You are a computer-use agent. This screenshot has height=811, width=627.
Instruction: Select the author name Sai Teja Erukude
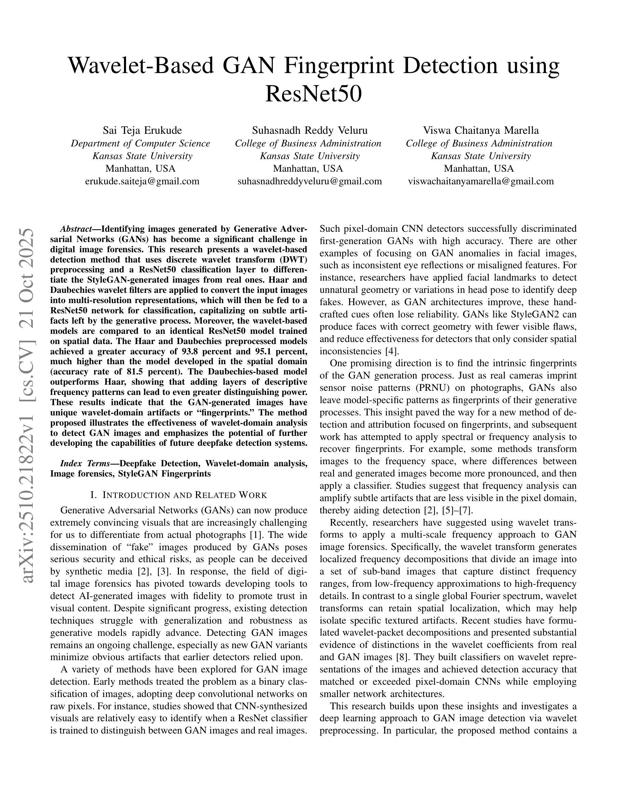pyautogui.click(x=142, y=130)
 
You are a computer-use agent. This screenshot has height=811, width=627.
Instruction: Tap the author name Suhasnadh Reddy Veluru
pyautogui.click(x=309, y=130)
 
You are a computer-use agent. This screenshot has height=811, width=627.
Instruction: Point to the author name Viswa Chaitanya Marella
pyautogui.click(x=480, y=130)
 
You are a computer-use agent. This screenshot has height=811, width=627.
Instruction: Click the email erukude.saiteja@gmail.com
pyautogui.click(x=142, y=181)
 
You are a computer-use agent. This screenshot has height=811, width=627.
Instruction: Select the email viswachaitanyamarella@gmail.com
pyautogui.click(x=480, y=181)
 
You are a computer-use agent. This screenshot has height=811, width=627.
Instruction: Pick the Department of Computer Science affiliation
pyautogui.click(x=140, y=143)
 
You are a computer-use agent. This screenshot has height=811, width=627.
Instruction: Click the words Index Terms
pyautogui.click(x=85, y=464)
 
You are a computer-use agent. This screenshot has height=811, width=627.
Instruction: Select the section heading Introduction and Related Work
pyautogui.click(x=179, y=495)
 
